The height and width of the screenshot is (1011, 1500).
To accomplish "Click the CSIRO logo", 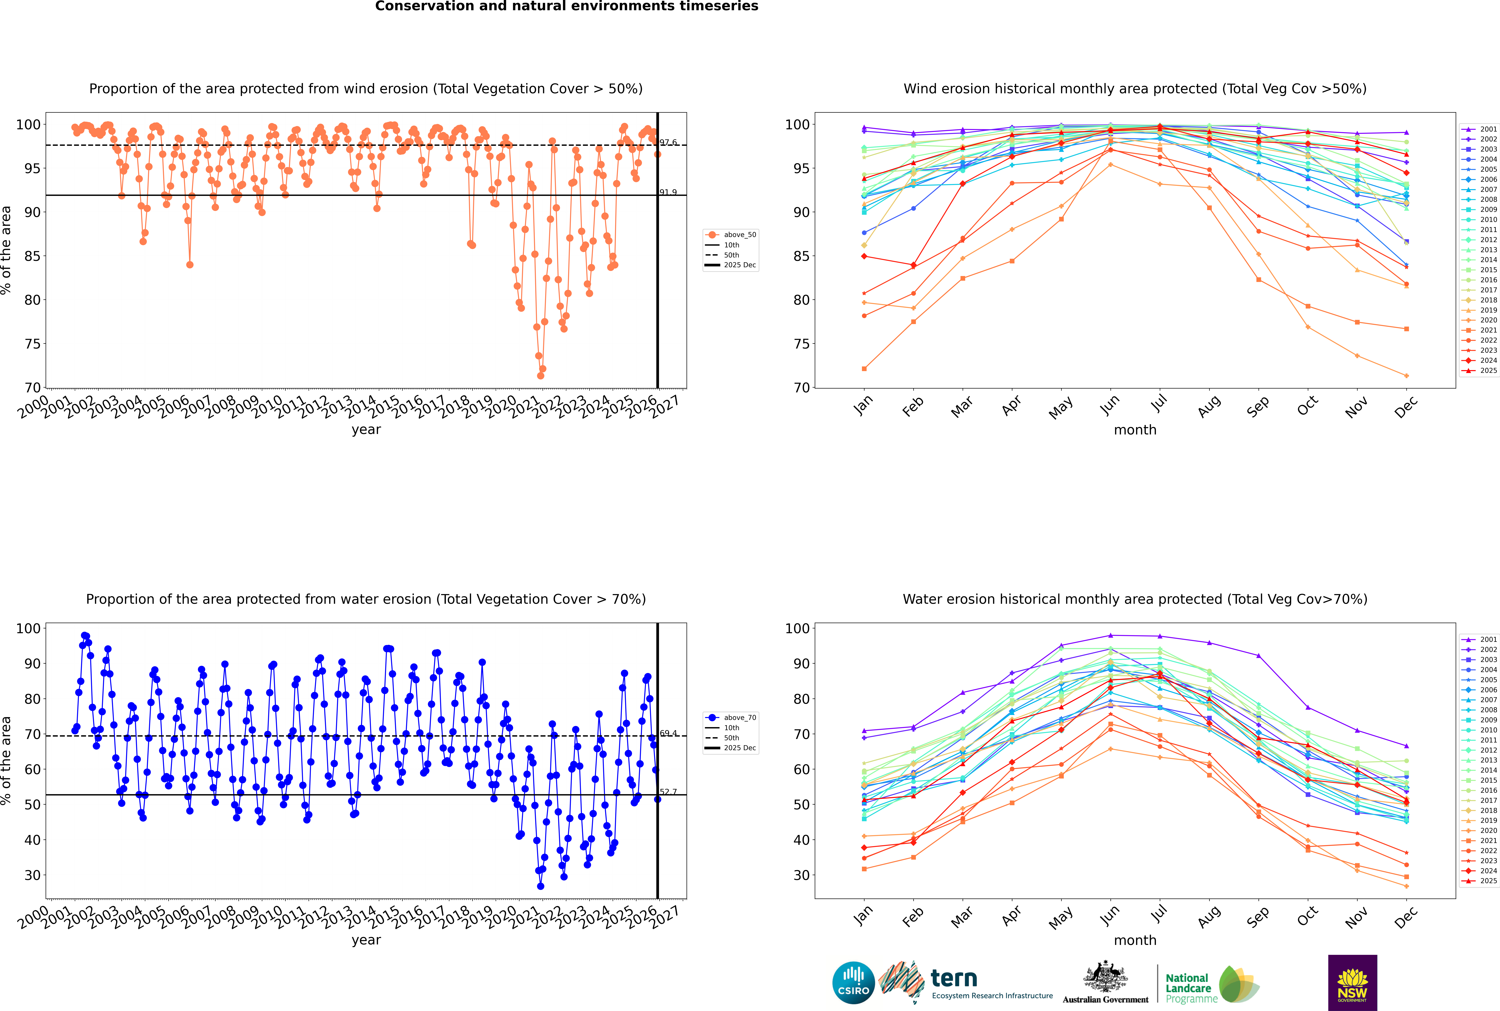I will (x=853, y=983).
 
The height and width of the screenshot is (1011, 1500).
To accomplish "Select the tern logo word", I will (x=954, y=979).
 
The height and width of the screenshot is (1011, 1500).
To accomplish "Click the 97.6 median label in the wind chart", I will (x=668, y=142).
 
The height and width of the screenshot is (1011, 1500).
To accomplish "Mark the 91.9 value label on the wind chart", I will (x=668, y=192).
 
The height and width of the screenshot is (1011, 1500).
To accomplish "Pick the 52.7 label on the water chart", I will (x=668, y=792).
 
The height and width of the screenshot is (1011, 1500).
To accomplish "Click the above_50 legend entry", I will (x=739, y=235).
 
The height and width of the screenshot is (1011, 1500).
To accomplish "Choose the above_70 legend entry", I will (x=739, y=718).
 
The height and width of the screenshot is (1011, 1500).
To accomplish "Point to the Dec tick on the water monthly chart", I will (x=1406, y=916).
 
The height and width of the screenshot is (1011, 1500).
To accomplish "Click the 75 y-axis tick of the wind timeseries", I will (x=32, y=344).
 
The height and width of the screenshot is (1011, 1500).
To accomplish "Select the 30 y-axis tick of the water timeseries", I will (x=32, y=875).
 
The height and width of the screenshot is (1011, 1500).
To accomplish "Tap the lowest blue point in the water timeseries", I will (x=540, y=886).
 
